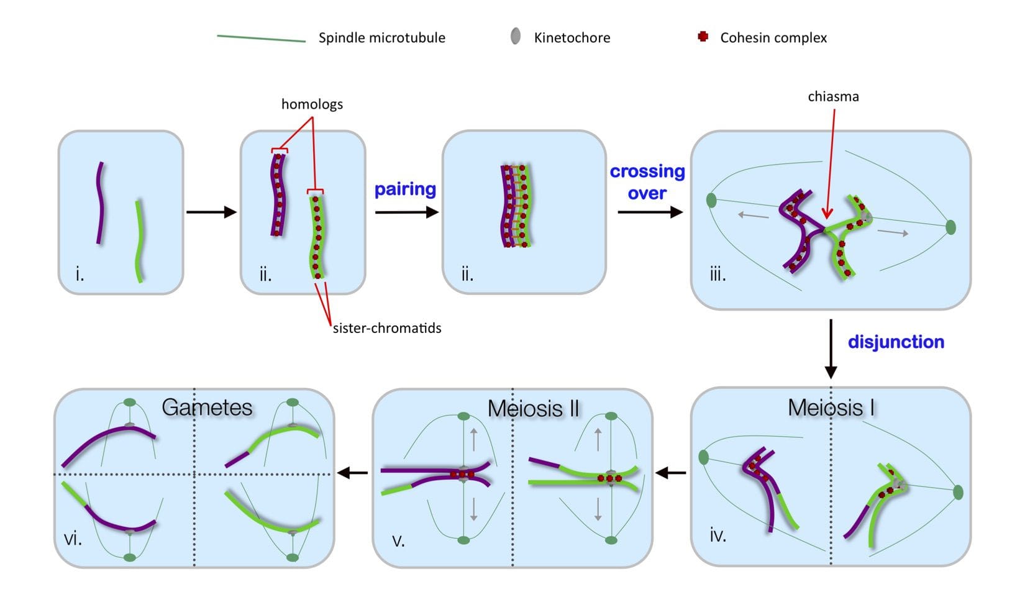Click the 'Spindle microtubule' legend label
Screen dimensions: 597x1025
pos(381,38)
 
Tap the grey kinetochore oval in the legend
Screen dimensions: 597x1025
pos(515,37)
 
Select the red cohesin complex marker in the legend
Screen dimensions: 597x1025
pos(703,37)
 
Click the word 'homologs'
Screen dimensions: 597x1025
pos(312,104)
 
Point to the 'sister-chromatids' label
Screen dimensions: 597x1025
pos(386,328)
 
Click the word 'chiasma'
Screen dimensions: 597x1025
pos(833,96)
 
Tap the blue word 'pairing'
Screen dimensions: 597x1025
pos(405,189)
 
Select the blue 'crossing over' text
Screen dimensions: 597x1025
pos(647,182)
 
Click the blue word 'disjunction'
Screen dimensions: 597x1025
pos(896,342)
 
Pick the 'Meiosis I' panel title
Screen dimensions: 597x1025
pos(831,408)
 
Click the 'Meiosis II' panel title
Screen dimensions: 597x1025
pos(533,408)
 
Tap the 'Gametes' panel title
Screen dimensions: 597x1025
pos(207,407)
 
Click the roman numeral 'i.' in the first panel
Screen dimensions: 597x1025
pos(80,274)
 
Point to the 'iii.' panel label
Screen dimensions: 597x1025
pos(717,275)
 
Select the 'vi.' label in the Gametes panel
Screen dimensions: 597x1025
pos(73,539)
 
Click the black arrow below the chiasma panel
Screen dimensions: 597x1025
pos(831,349)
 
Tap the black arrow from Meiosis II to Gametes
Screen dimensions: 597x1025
pos(352,473)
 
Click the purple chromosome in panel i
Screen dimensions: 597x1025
pos(99,203)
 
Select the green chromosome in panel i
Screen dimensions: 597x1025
pos(139,240)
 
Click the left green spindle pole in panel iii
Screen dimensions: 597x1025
pos(712,201)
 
